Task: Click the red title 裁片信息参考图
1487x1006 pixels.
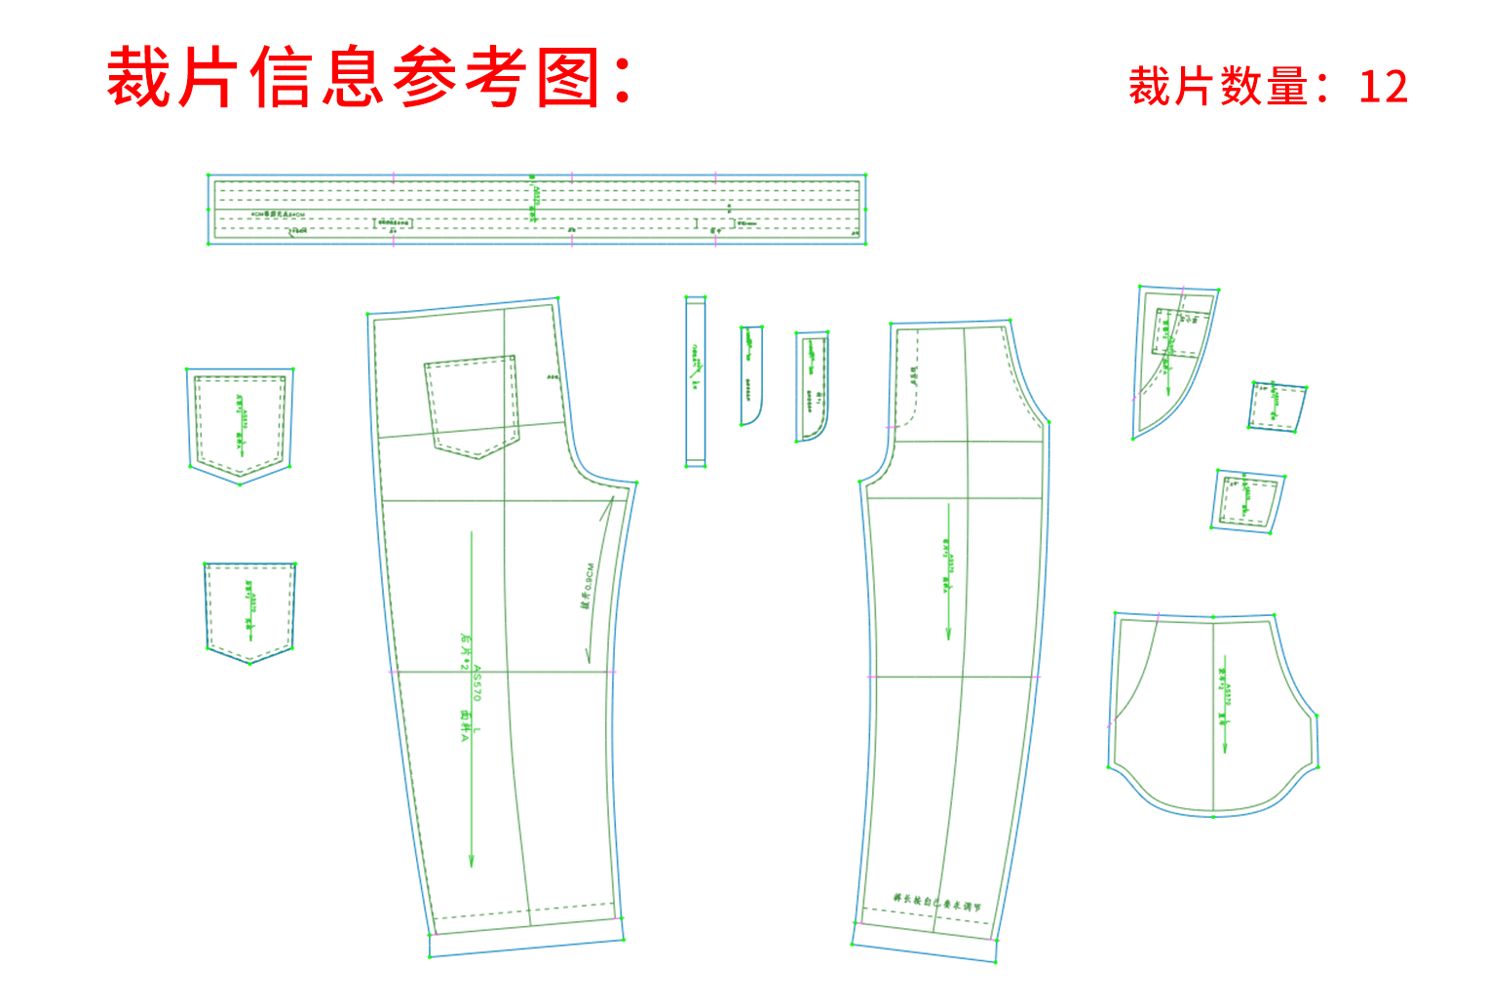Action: tap(370, 78)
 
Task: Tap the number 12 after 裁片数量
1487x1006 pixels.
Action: tap(1383, 88)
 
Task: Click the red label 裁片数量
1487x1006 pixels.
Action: tap(1218, 88)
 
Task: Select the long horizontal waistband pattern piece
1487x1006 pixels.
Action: tap(536, 209)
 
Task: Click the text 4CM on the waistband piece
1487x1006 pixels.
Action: tap(258, 214)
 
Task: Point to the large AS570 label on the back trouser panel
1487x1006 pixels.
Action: tap(477, 683)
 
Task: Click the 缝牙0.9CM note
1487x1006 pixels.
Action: tap(587, 585)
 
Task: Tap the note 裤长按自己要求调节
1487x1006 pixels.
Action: tap(936, 904)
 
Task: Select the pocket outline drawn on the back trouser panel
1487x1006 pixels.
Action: tap(472, 406)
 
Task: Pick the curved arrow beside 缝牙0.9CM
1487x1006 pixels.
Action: tap(600, 580)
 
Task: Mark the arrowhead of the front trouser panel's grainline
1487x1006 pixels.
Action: tap(948, 636)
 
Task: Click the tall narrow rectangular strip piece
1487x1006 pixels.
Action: tap(695, 381)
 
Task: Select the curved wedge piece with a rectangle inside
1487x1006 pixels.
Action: tap(1169, 361)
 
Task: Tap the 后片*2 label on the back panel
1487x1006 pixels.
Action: tap(465, 651)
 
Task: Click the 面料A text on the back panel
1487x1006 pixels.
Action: tap(465, 726)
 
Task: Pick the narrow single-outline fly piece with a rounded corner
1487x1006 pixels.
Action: tap(750, 375)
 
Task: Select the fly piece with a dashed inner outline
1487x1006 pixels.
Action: tap(812, 386)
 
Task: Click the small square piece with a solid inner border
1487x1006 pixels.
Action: tap(1246, 501)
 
